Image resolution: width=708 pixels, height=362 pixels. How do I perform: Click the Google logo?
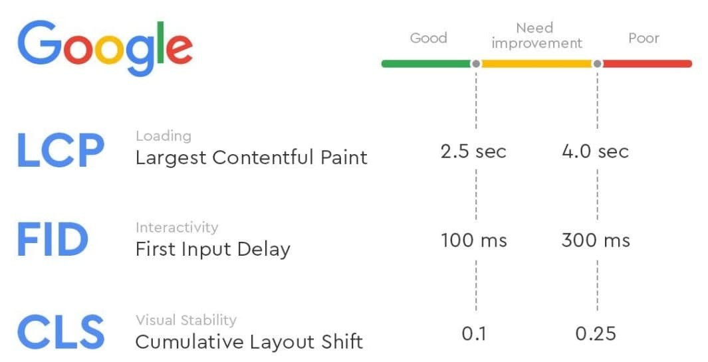tap(105, 48)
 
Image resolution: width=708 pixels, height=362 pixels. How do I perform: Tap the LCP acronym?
tap(61, 151)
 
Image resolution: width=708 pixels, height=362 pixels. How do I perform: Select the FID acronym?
tap(53, 240)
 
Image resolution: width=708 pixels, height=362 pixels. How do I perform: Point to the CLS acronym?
tap(61, 333)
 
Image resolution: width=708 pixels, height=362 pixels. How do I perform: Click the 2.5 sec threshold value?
tap(473, 151)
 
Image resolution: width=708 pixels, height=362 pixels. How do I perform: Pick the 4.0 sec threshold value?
tap(595, 151)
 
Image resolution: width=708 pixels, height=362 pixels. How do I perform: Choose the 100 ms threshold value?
tap(473, 240)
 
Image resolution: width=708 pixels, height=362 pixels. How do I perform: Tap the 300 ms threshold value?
tap(596, 240)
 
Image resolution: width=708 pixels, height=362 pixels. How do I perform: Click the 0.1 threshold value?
tap(473, 334)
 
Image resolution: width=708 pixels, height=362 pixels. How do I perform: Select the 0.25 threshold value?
tap(596, 334)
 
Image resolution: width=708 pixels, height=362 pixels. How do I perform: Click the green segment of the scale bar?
tap(426, 64)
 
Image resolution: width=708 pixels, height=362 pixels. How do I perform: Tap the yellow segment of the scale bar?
tap(536, 64)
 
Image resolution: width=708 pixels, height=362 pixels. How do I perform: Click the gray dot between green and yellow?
tap(476, 64)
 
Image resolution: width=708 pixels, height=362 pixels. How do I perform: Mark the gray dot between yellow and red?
tap(598, 64)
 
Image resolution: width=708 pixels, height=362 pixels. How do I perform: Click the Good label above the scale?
tap(429, 38)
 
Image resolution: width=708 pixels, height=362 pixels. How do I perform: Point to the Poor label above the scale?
tap(644, 38)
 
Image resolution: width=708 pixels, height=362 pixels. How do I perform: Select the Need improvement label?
tap(537, 36)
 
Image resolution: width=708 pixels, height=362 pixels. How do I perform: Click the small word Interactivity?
tap(177, 227)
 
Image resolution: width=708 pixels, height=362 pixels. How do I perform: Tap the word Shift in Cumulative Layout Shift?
tap(342, 341)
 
